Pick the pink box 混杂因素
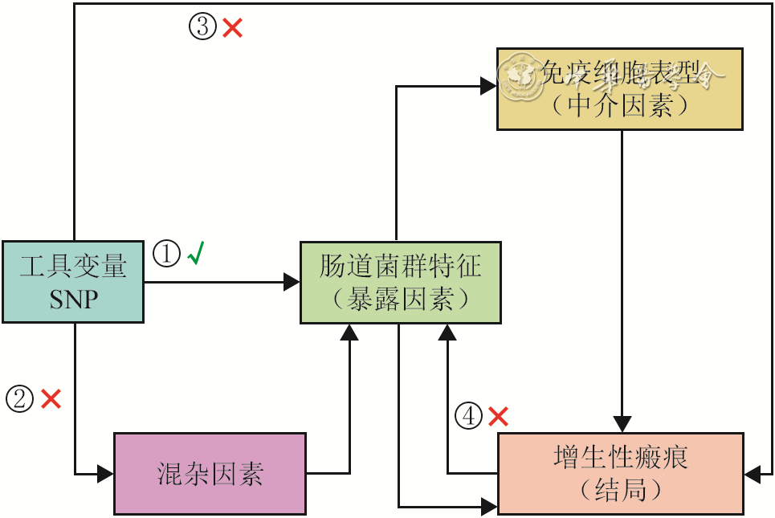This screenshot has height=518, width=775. pyautogui.click(x=210, y=473)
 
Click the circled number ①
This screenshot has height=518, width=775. pyautogui.click(x=166, y=255)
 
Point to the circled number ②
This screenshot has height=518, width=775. pyautogui.click(x=19, y=398)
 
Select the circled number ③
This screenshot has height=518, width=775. pyautogui.click(x=202, y=27)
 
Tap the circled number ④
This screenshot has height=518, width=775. pyautogui.click(x=469, y=416)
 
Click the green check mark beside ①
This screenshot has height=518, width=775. pyautogui.click(x=196, y=255)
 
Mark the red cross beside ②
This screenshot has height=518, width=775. pyautogui.click(x=51, y=398)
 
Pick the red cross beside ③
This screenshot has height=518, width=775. pyautogui.click(x=233, y=28)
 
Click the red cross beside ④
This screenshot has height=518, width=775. pyautogui.click(x=499, y=416)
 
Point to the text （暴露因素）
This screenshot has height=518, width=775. pyautogui.click(x=400, y=300)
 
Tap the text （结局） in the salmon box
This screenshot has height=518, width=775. pyautogui.click(x=620, y=491)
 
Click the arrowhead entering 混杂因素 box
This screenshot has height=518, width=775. pyautogui.click(x=106, y=474)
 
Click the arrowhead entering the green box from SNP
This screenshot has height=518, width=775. pyautogui.click(x=292, y=282)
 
